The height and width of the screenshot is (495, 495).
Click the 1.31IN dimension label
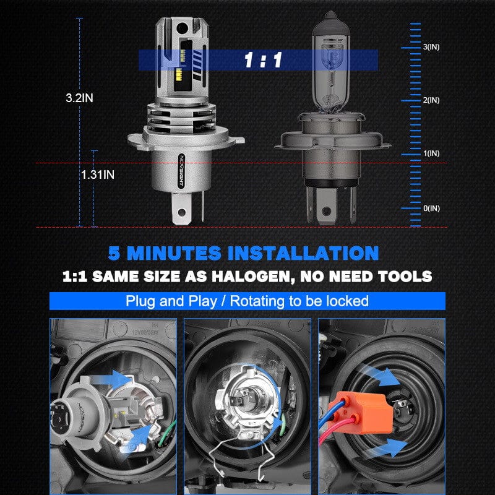98,174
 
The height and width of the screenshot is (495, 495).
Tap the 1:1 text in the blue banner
262,60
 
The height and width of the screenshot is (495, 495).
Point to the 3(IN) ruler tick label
431,47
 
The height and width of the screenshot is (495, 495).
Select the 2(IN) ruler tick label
431,100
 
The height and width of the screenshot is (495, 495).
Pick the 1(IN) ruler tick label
431,153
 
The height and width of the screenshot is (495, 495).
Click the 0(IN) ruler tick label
431,208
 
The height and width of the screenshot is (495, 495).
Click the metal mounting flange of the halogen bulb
334,140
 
